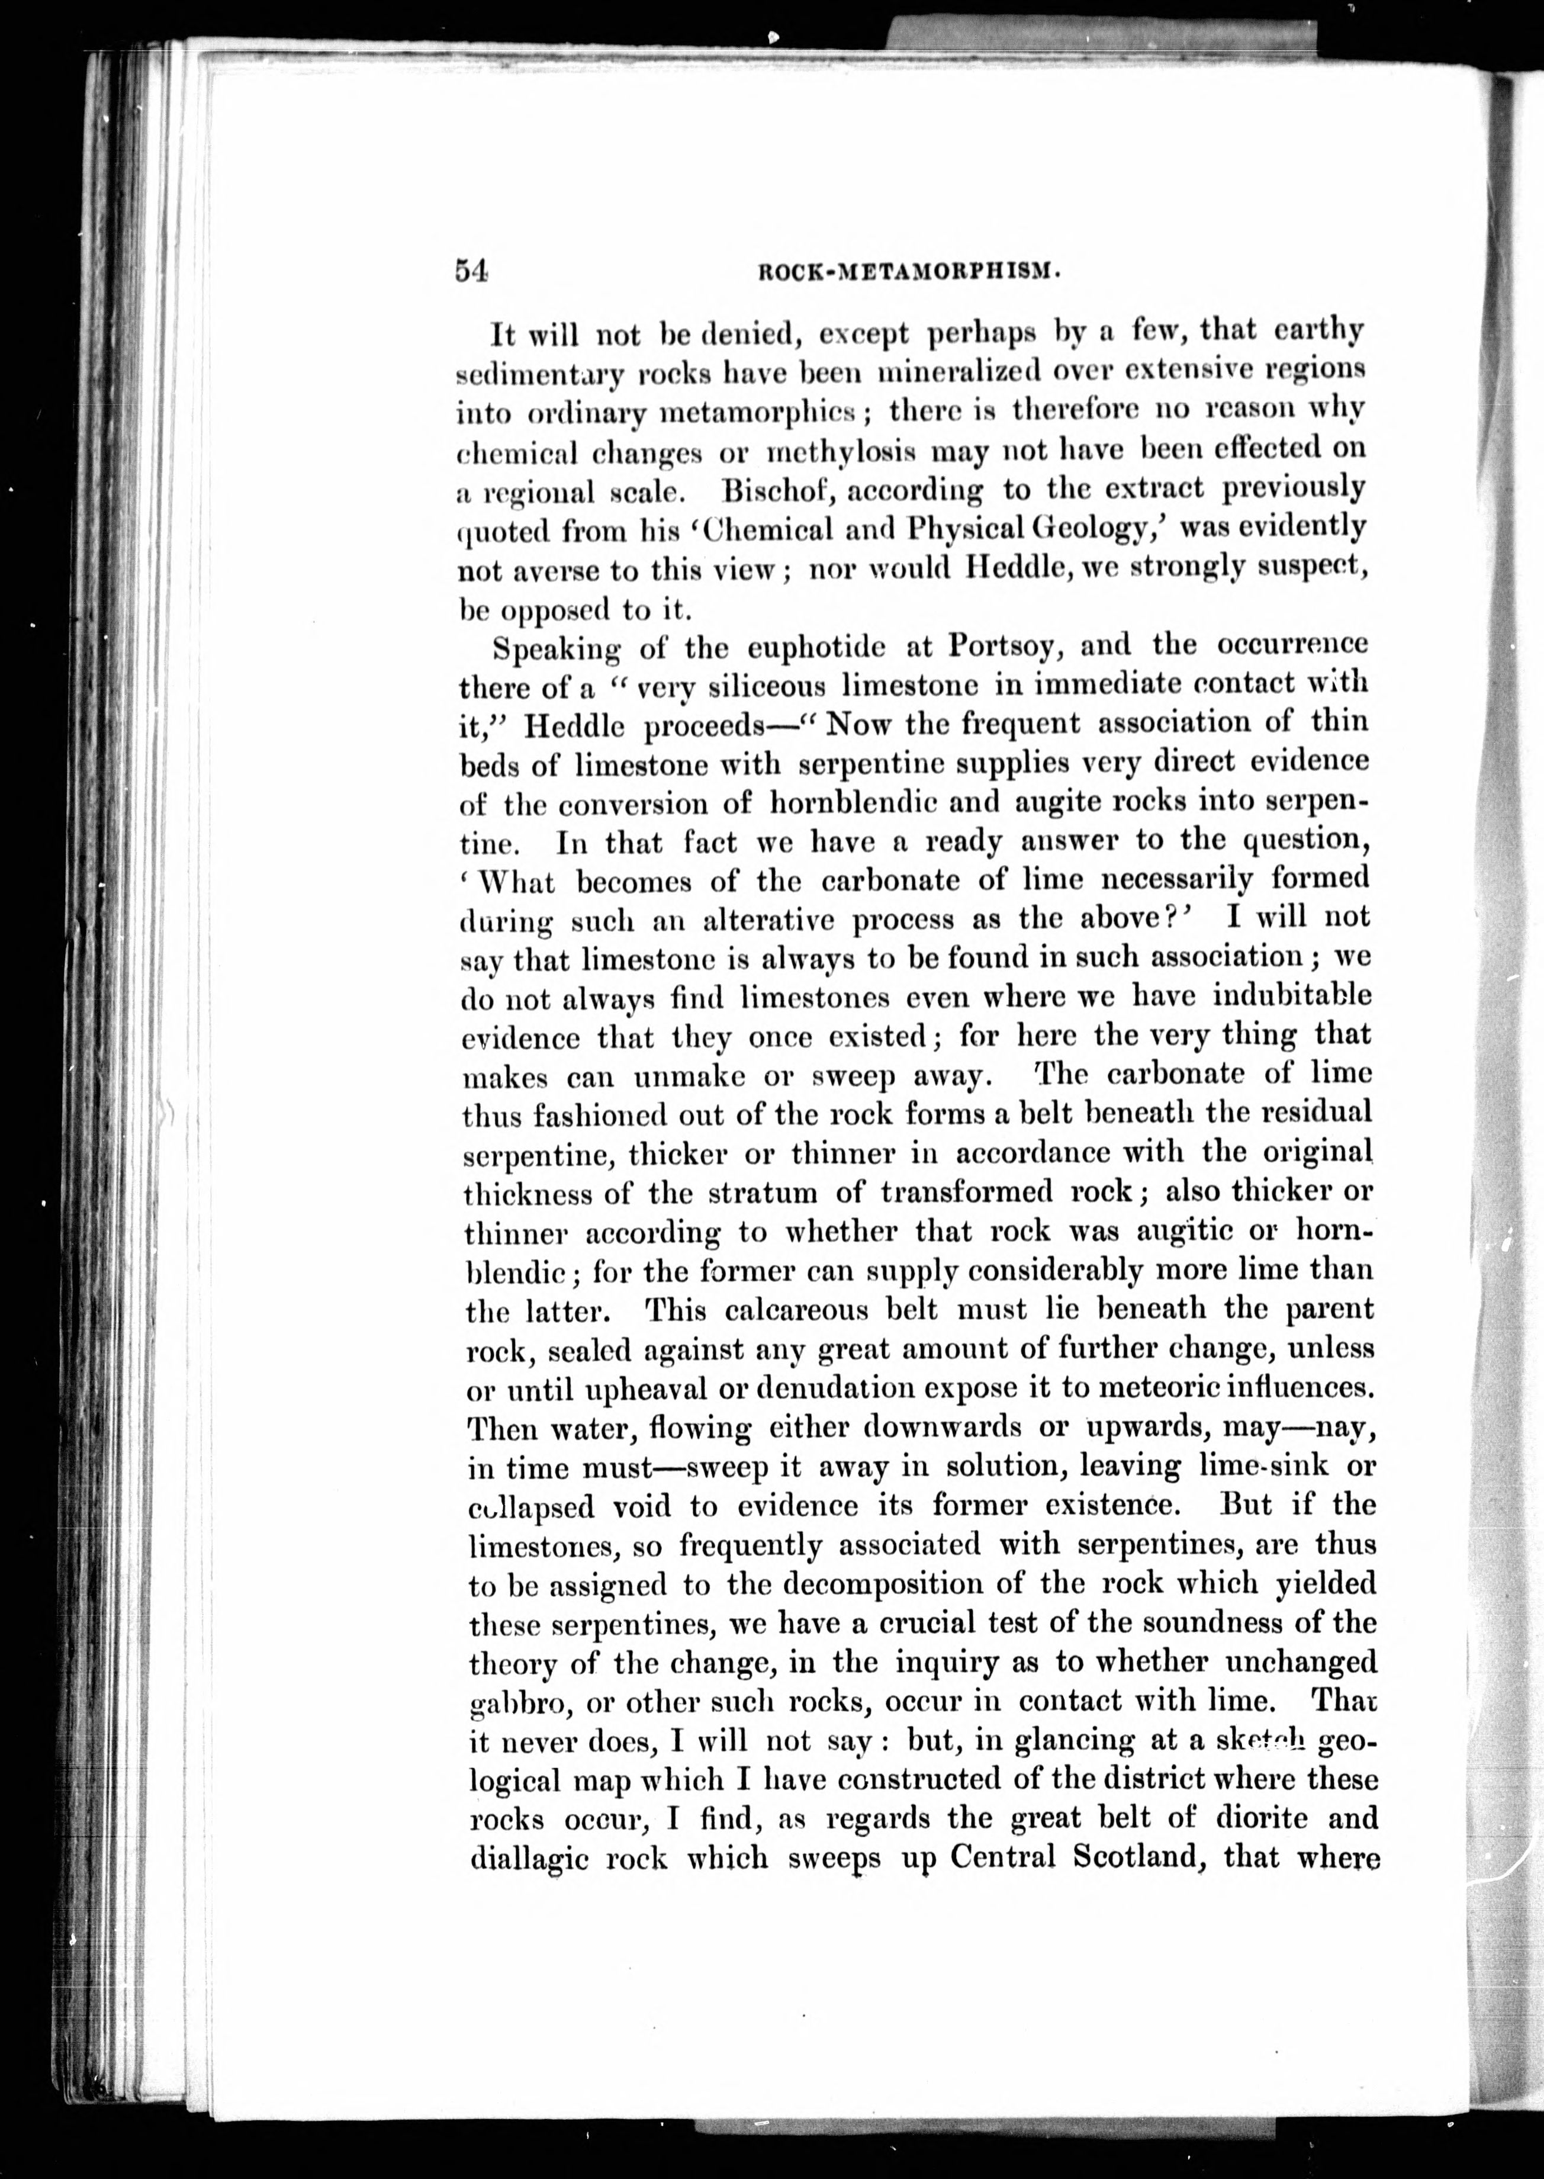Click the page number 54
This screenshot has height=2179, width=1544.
472,271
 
